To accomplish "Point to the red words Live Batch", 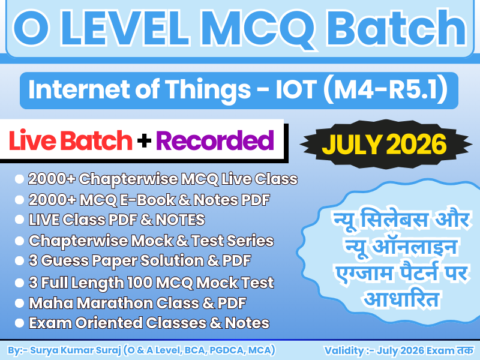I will (x=71, y=141).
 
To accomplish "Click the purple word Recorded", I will (x=214, y=141).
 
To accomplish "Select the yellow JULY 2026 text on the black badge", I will (x=384, y=144).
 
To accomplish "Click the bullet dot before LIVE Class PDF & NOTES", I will (x=19, y=220).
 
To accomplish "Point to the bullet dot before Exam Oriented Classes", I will (x=19, y=323).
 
